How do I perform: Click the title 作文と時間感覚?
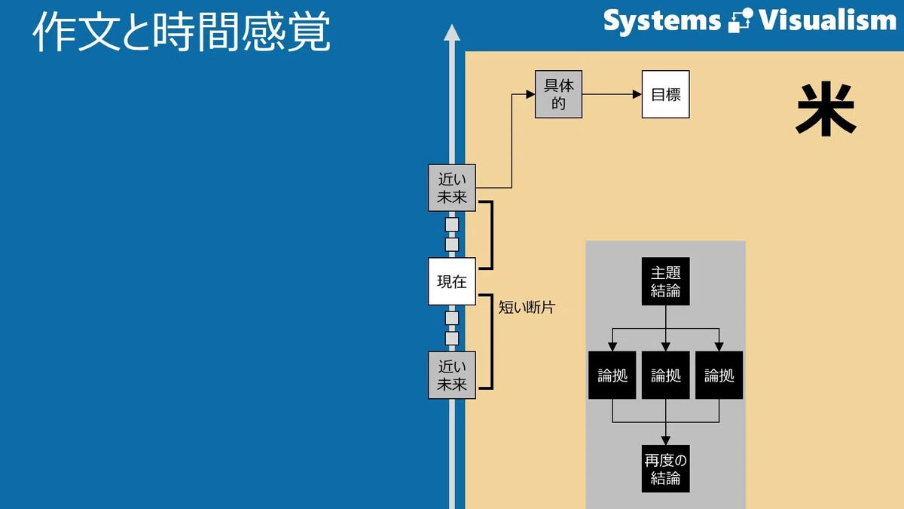[x=182, y=31]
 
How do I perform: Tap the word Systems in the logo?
[x=662, y=21]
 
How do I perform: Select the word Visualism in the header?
[x=828, y=20]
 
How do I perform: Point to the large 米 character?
[x=826, y=109]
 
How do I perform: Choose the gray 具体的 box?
[x=558, y=94]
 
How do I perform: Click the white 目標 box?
[x=666, y=94]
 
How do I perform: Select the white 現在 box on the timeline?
[x=452, y=281]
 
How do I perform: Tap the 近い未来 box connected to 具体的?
[x=452, y=188]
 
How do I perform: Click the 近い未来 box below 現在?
[x=452, y=375]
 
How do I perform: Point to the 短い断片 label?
[x=527, y=308]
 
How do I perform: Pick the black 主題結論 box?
[x=666, y=281]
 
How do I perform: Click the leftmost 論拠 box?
[x=612, y=375]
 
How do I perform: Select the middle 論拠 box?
[x=666, y=375]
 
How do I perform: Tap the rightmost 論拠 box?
[x=719, y=375]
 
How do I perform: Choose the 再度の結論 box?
[x=666, y=468]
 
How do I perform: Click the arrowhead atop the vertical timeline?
[x=452, y=32]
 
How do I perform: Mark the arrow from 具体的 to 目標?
[x=612, y=94]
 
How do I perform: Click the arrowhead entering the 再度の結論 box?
[x=666, y=440]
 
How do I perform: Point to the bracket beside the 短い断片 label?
[x=491, y=342]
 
